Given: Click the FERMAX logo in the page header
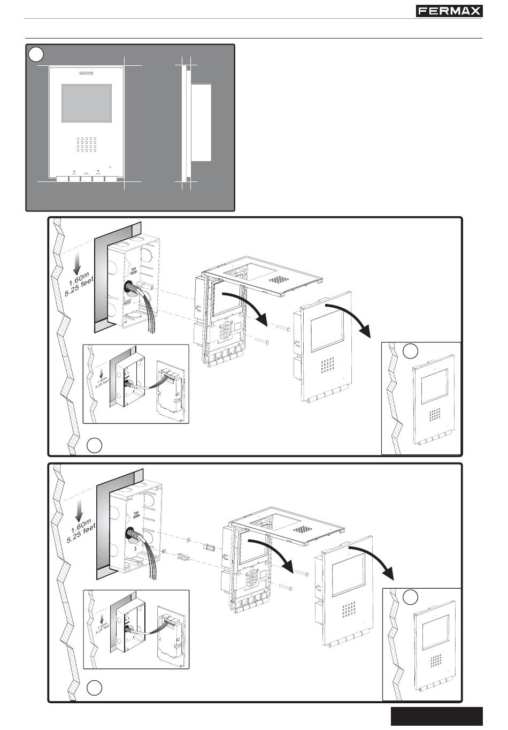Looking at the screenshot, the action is tap(449, 11).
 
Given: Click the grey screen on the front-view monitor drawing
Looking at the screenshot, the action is tap(87, 102).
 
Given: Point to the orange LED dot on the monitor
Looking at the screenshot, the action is tap(110, 167).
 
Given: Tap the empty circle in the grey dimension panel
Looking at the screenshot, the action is tap(36, 54).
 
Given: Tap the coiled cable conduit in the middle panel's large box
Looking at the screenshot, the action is tap(130, 288).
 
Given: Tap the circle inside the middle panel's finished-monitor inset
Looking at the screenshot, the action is tap(410, 351).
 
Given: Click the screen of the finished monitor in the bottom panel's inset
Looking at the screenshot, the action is tap(434, 633).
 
